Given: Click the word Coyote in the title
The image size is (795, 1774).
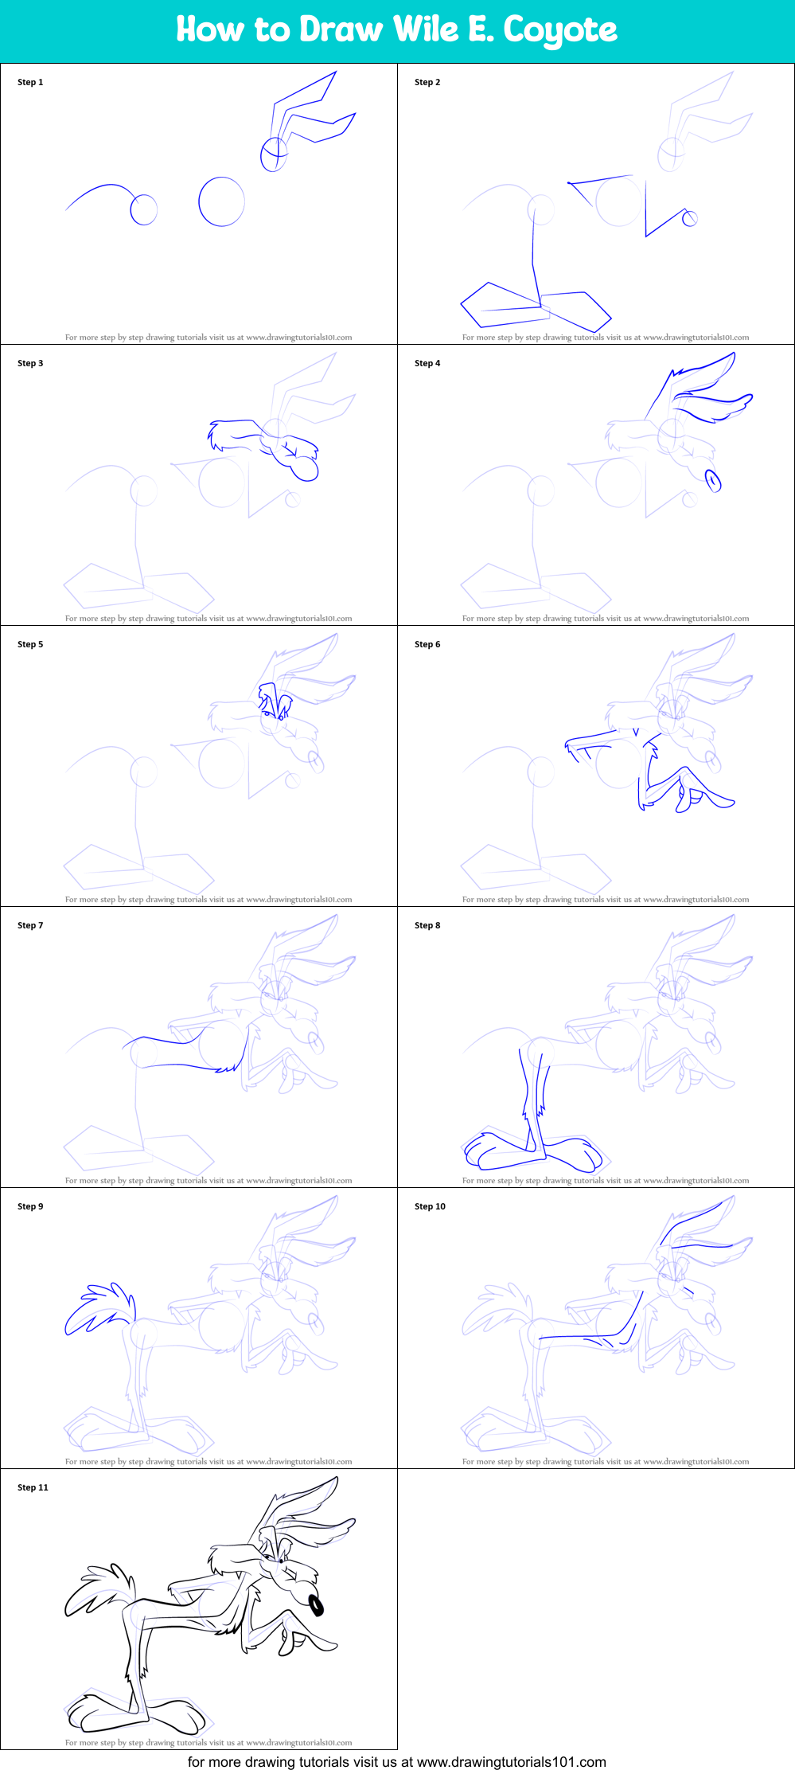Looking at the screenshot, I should click(560, 30).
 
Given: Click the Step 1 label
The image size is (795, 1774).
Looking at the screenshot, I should click(30, 82).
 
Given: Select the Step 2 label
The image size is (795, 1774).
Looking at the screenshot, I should click(427, 82).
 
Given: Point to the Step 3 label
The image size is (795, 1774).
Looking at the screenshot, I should click(30, 363).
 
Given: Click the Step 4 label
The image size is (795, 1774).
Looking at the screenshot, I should click(427, 363).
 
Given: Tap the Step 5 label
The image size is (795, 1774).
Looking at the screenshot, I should click(30, 644).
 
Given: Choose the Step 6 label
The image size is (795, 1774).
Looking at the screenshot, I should click(427, 644).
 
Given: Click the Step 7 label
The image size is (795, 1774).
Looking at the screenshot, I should click(30, 925).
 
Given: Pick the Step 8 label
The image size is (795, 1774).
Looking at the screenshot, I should click(427, 925).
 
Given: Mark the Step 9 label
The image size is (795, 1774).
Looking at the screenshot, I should click(30, 1206).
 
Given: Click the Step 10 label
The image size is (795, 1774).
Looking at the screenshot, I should click(430, 1206).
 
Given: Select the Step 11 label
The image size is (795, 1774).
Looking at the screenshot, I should click(33, 1487).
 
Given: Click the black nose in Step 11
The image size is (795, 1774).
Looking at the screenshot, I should click(316, 1604).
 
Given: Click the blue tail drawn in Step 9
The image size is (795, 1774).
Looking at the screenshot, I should click(97, 1307).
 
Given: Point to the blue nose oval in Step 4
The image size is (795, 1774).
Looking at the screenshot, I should click(713, 480).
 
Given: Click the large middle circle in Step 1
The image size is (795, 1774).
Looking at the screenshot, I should click(221, 201).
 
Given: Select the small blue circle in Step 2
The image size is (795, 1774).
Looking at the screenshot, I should click(690, 218).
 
